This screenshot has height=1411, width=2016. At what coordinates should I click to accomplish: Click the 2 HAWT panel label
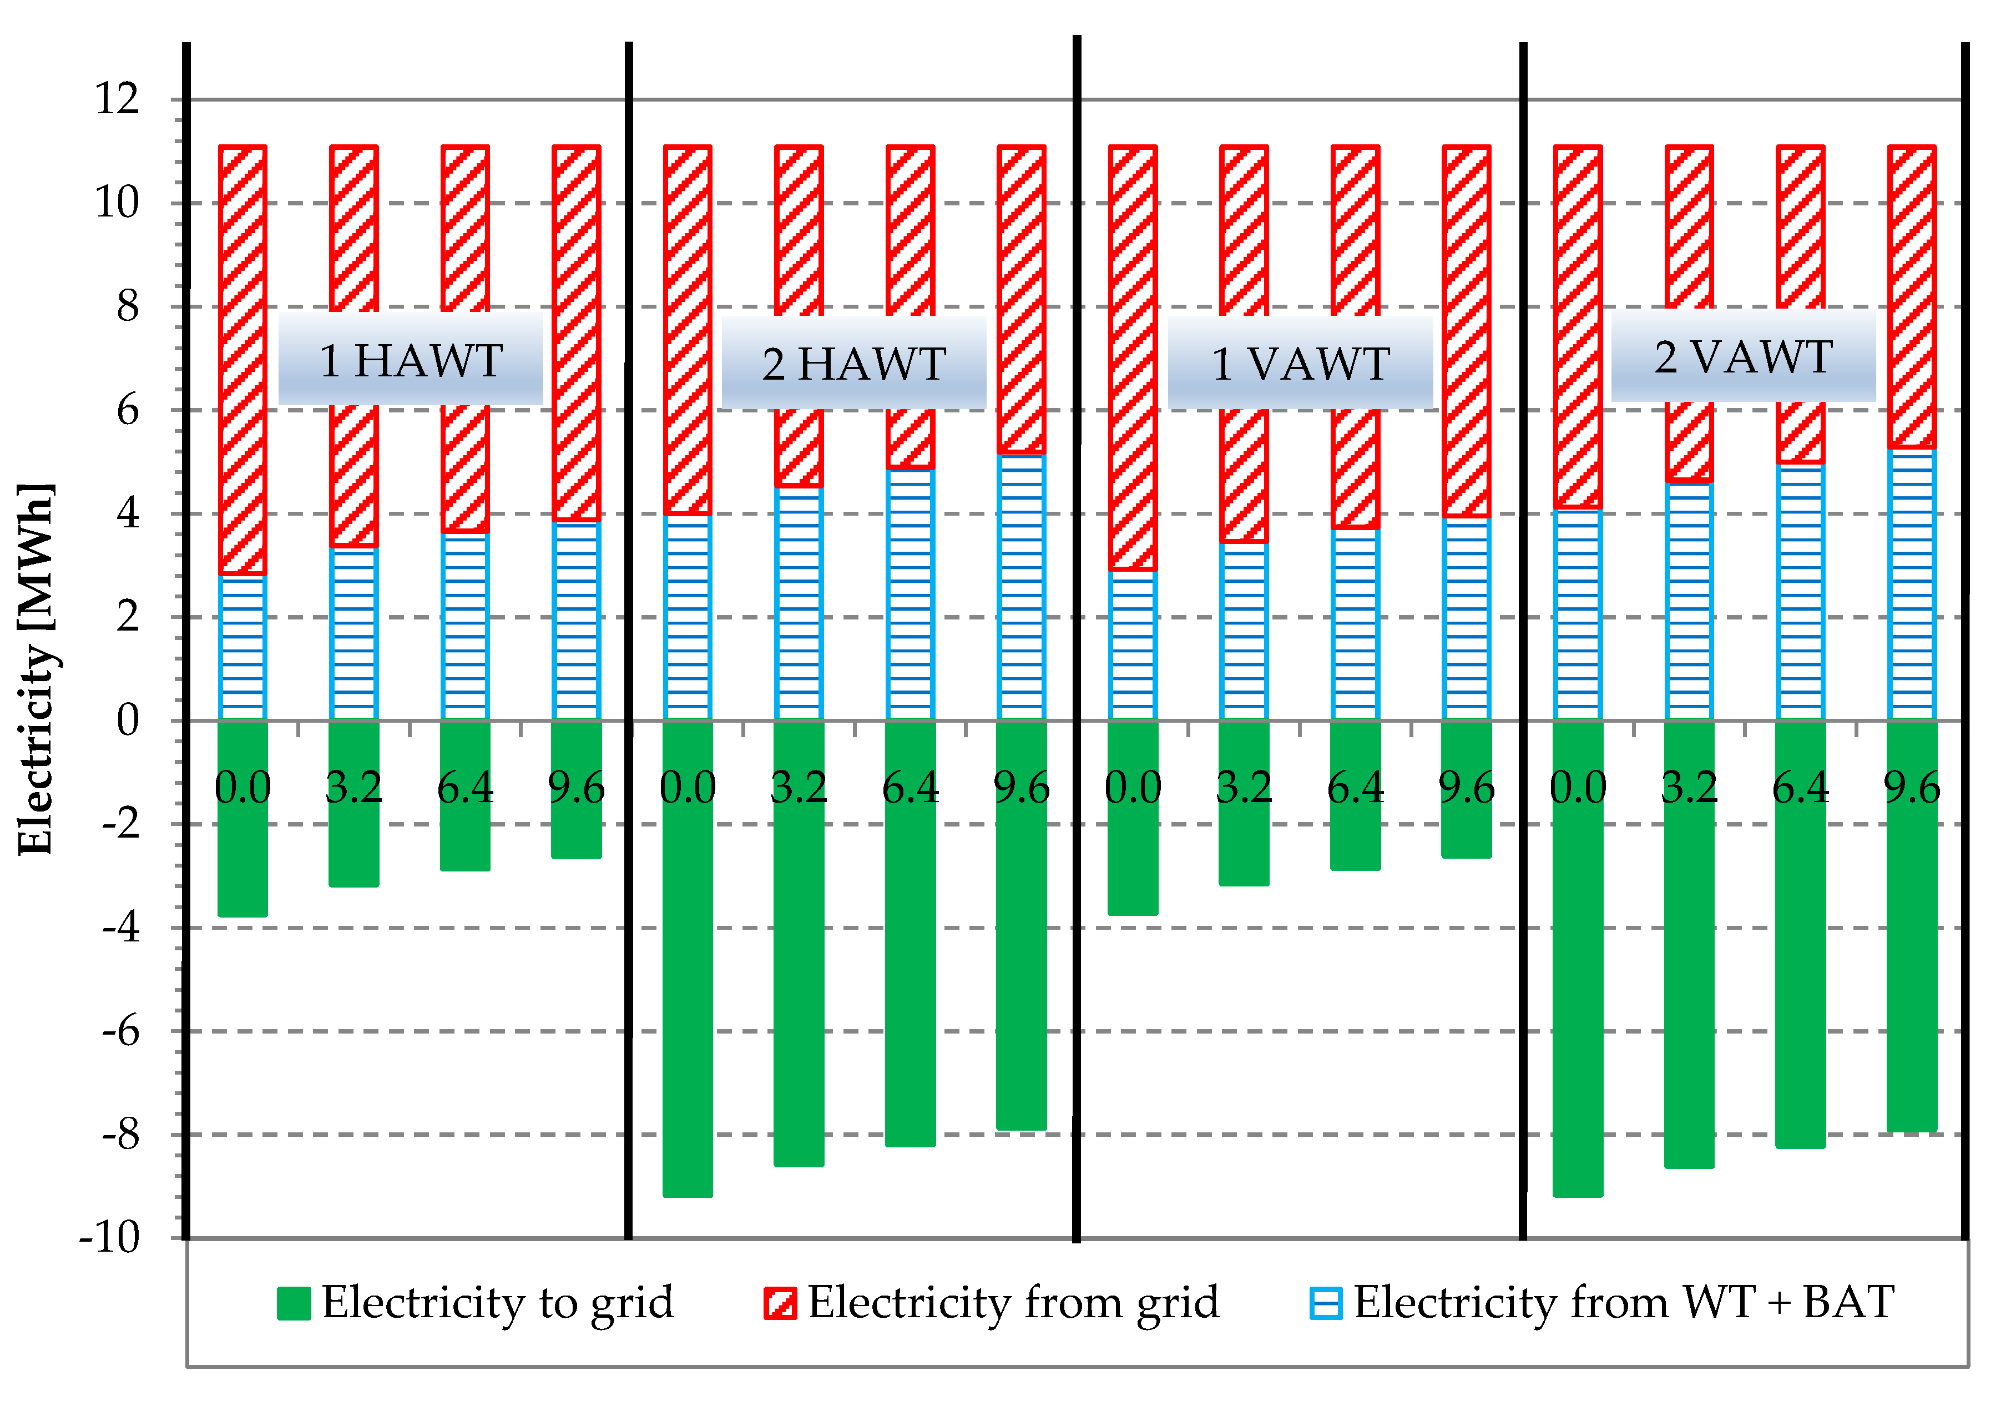point(853,364)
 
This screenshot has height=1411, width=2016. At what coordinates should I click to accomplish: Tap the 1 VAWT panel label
point(1300,364)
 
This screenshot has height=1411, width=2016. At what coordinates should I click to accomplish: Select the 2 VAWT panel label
point(1744,356)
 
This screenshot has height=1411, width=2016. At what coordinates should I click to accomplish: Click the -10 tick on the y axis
point(110,1238)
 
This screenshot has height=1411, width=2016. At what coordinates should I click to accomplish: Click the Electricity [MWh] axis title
point(37,669)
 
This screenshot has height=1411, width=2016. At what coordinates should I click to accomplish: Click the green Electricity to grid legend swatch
point(293,1303)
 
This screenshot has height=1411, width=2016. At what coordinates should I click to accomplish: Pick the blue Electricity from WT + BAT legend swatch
point(1325,1303)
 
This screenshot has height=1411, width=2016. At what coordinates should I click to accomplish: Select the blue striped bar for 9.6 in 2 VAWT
point(1912,584)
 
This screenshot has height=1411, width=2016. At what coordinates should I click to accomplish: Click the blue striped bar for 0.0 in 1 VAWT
point(1133,646)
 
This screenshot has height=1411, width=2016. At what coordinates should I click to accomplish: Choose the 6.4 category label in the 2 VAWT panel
point(1800,788)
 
